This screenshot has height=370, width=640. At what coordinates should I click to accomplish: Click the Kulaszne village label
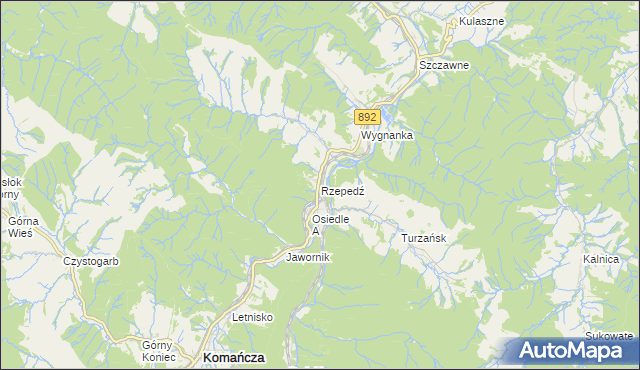point(481,20)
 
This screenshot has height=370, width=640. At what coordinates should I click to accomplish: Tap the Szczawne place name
point(444,65)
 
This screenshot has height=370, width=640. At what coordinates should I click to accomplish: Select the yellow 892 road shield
point(366,117)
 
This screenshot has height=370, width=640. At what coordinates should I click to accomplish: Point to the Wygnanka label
point(387,134)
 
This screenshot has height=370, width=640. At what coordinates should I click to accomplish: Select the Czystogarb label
point(91,261)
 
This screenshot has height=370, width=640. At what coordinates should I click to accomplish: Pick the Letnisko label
point(253,317)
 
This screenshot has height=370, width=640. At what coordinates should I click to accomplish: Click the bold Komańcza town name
point(233,357)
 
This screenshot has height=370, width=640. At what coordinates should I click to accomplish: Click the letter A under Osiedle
point(315,231)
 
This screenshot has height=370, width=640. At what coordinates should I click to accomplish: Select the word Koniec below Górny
point(159,357)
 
